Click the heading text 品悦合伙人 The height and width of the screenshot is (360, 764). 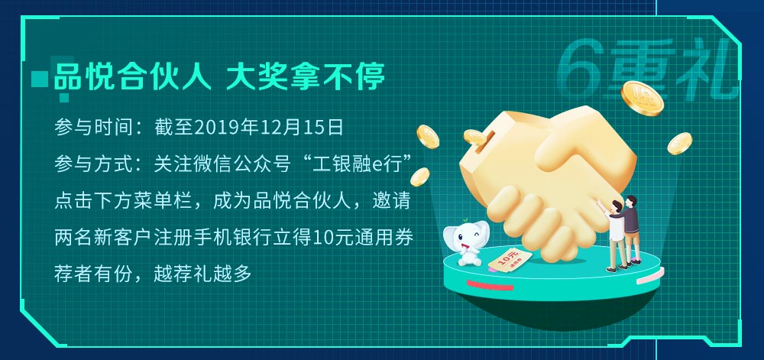[x=132, y=77]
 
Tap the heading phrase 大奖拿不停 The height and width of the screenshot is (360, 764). [x=306, y=77]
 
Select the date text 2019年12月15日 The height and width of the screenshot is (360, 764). [x=268, y=127]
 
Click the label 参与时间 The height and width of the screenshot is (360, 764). [x=93, y=127]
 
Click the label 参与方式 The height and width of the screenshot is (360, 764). [x=93, y=164]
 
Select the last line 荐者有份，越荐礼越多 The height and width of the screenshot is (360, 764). [x=153, y=274]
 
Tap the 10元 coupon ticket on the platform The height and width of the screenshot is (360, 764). [x=510, y=260]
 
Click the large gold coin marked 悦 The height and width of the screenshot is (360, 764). [x=643, y=98]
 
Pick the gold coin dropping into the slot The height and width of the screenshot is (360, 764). [x=474, y=138]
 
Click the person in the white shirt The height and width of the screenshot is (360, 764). [x=614, y=235]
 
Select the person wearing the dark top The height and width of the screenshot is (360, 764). [x=632, y=229]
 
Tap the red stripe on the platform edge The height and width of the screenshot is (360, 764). [x=490, y=285]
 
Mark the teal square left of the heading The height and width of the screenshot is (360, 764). [x=40, y=79]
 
